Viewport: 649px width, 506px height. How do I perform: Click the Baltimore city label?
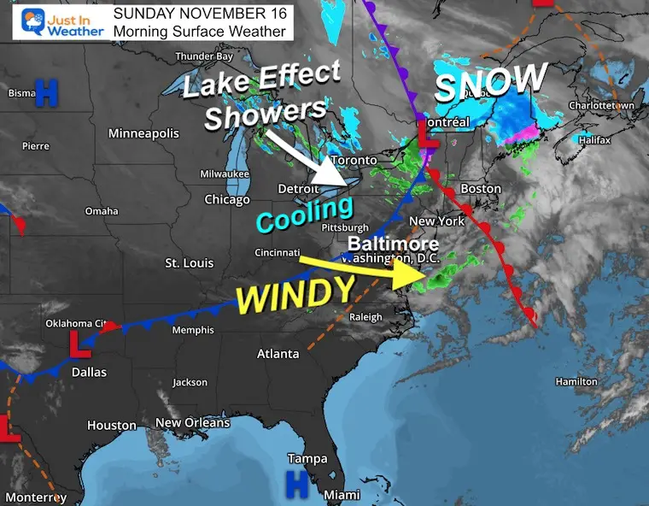tap(394, 244)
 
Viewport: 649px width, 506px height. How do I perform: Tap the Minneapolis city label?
tap(143, 133)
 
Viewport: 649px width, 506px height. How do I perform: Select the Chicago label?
tap(227, 200)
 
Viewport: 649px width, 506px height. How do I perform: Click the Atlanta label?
tap(278, 353)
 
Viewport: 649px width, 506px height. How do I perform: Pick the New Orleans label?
tap(192, 422)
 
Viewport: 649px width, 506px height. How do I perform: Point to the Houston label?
tap(112, 425)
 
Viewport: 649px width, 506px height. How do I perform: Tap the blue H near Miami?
tap(296, 485)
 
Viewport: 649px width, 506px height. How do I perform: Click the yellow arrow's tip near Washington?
tap(424, 275)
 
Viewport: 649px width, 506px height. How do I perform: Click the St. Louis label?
tap(189, 262)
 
